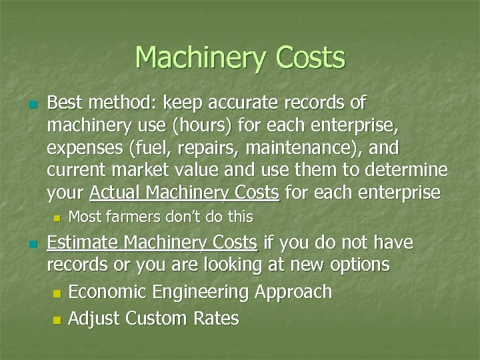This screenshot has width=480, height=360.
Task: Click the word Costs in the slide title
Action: pyautogui.click(x=308, y=58)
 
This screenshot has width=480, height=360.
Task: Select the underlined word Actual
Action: pyautogui.click(x=115, y=193)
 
